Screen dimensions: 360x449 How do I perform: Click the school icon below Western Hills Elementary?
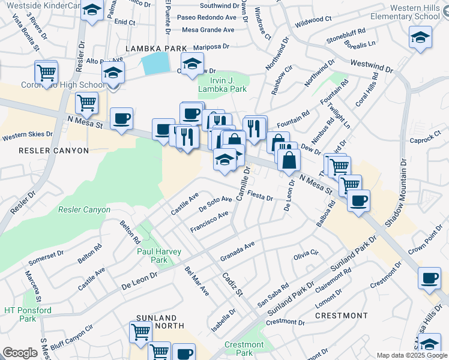point(420,38)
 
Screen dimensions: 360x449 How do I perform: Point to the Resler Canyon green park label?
point(84,209)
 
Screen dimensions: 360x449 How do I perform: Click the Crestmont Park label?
point(244,349)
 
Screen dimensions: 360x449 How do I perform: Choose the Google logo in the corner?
point(20,353)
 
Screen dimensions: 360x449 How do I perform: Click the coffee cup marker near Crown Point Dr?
point(429,279)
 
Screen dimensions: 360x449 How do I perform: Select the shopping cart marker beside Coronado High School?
point(46,73)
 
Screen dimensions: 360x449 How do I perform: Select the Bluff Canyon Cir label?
point(72,334)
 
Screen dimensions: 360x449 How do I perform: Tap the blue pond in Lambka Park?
point(155,63)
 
